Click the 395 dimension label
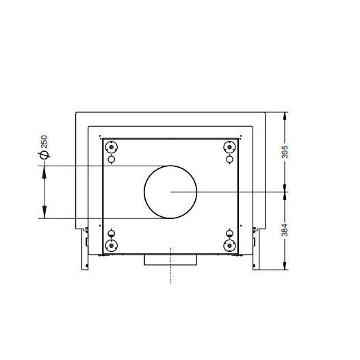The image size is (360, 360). [x=285, y=151]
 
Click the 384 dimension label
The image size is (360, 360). [x=285, y=230]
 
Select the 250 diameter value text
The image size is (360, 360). [x=44, y=142]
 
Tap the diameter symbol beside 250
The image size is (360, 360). [x=44, y=155]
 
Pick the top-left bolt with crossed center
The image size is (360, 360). [x=112, y=146]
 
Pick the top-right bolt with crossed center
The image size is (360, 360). [x=229, y=146]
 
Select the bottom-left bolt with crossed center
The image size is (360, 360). [x=112, y=246]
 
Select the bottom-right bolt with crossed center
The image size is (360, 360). [x=229, y=246]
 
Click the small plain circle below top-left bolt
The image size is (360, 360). [x=112, y=159]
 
